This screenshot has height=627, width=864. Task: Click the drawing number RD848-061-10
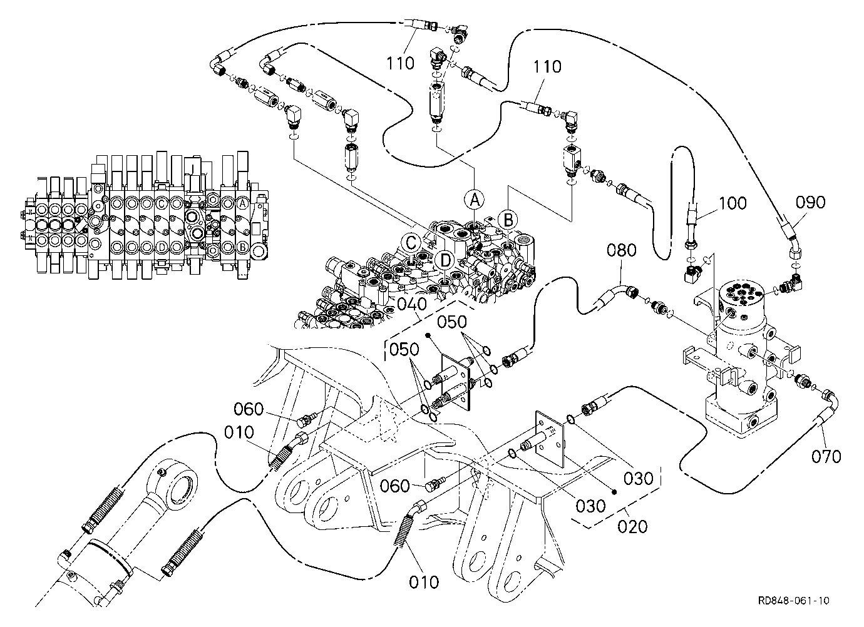click(793, 600)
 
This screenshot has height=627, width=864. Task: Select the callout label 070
click(826, 457)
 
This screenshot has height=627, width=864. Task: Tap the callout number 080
click(621, 250)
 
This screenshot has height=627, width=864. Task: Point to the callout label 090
click(810, 202)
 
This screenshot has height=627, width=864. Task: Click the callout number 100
click(733, 203)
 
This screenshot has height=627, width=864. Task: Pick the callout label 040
click(412, 305)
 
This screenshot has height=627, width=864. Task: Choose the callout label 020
click(632, 526)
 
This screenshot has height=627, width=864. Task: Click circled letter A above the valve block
click(475, 200)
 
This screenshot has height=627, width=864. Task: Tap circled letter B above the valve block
click(508, 220)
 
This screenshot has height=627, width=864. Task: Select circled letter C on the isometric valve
click(411, 243)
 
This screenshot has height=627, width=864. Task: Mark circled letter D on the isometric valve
click(445, 261)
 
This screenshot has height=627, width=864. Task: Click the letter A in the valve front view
click(242, 203)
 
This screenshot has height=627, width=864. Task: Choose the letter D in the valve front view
click(162, 246)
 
